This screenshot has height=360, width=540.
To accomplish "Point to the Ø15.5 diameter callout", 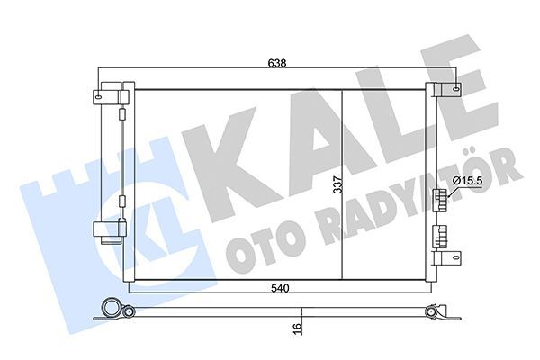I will click(469, 182).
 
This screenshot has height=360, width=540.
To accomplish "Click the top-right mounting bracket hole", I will click(455, 89).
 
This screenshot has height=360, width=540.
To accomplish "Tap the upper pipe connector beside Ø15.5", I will click(440, 199).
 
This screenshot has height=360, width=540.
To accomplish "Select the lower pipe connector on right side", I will click(440, 236).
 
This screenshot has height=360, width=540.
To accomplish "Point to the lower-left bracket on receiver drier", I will click(107, 230).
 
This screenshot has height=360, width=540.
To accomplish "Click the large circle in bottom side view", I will click(112, 306).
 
